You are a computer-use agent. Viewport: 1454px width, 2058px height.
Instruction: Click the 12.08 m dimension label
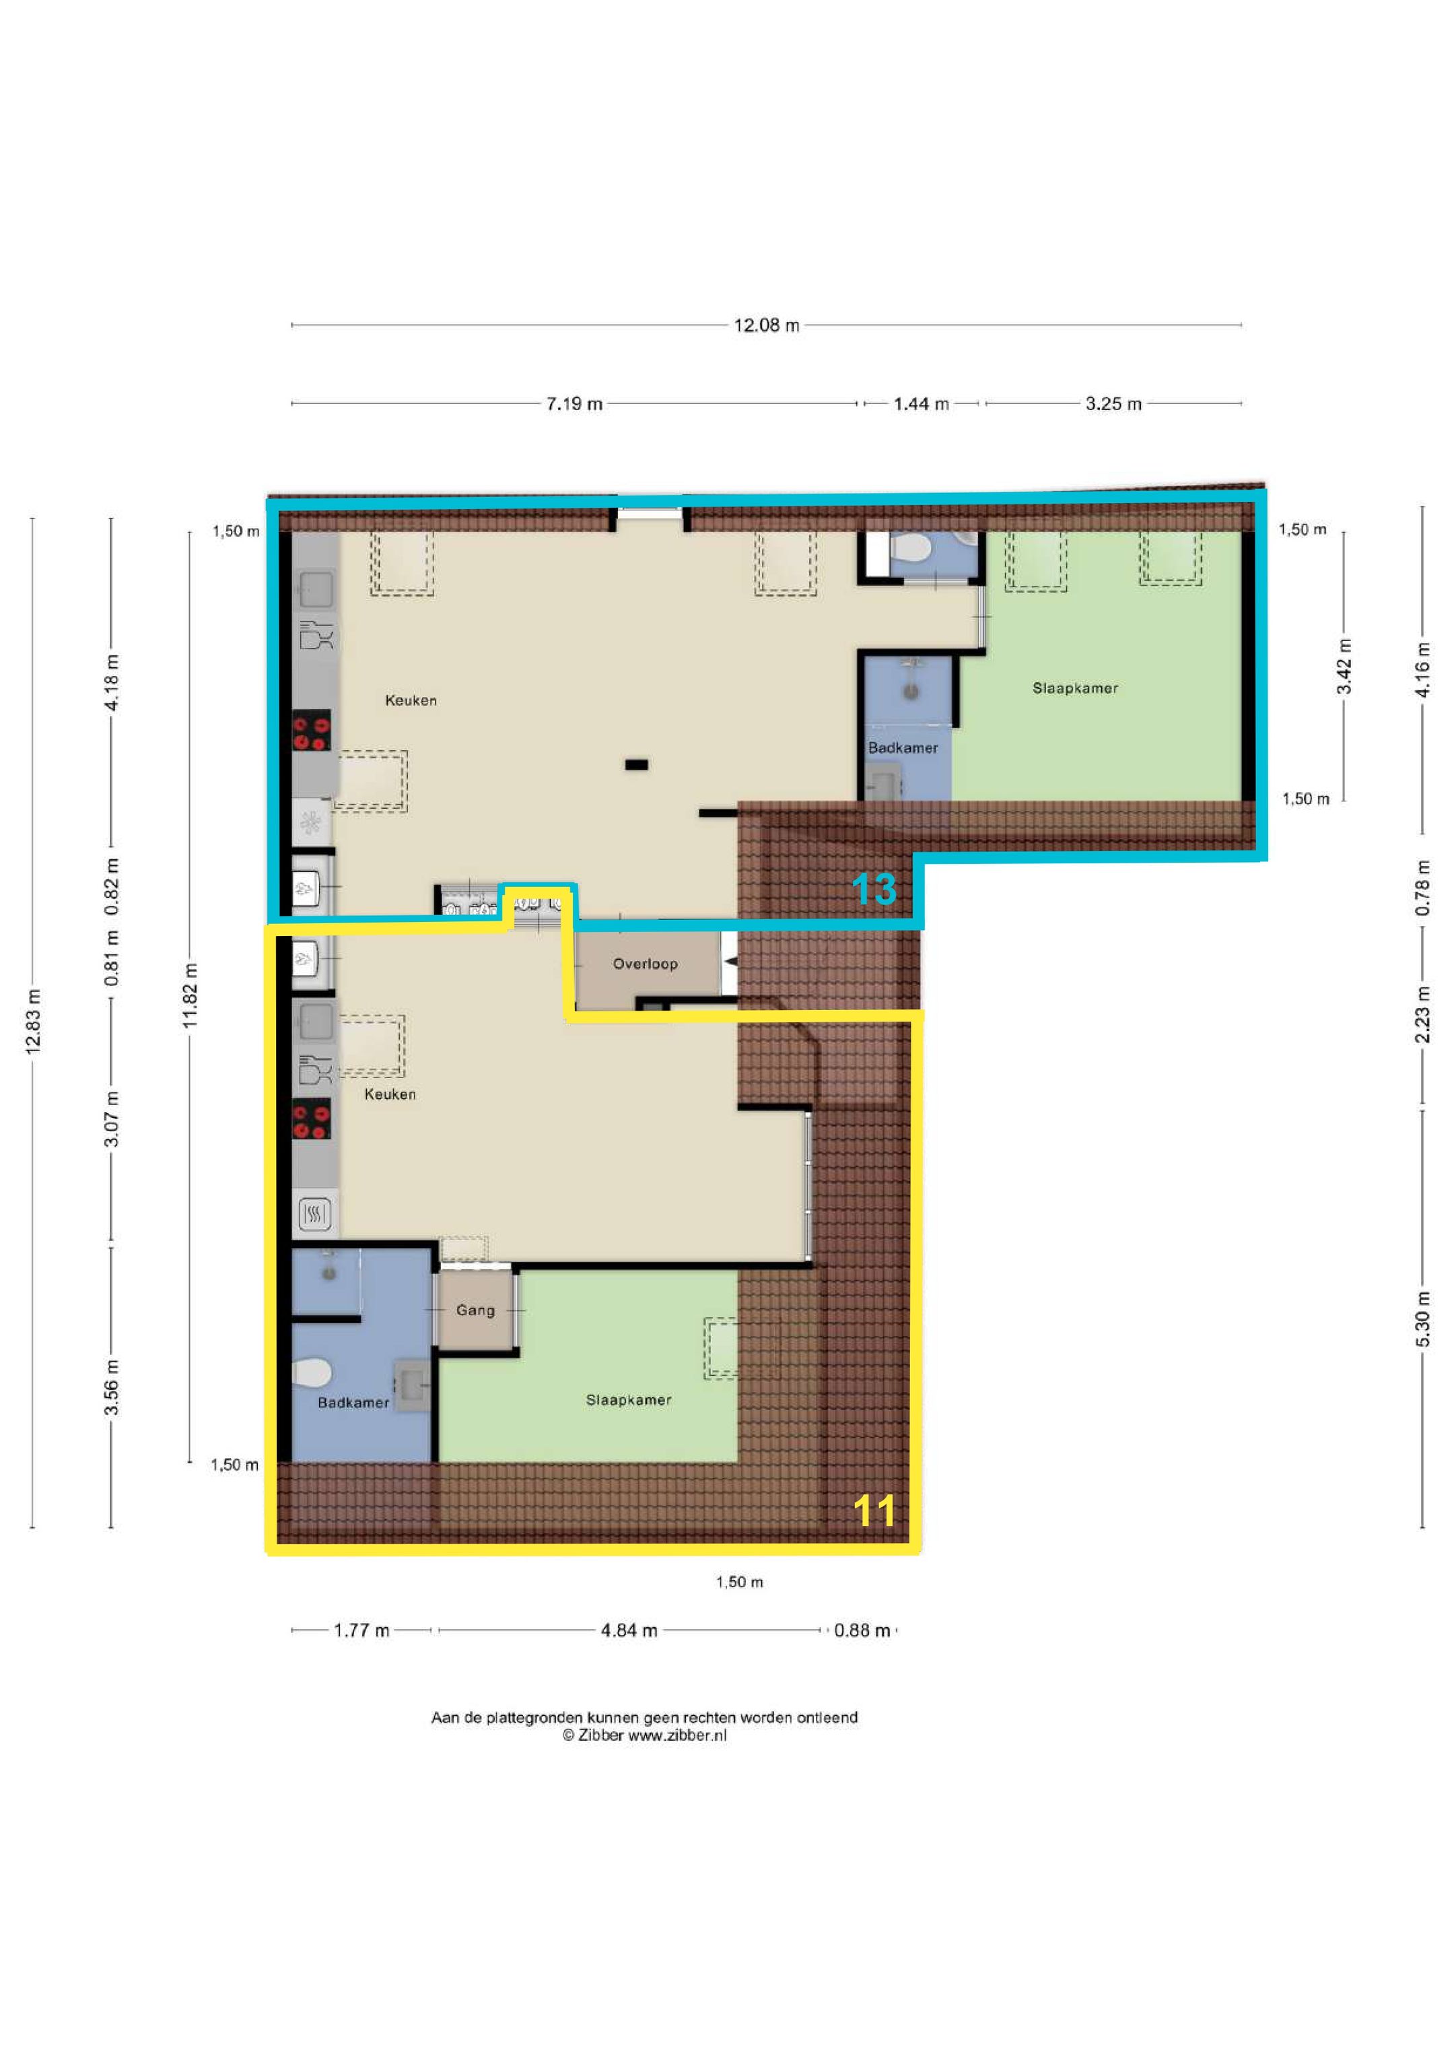(766, 325)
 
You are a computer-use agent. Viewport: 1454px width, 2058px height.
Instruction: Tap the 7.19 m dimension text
(574, 404)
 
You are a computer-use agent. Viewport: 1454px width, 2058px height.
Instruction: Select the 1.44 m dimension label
(921, 404)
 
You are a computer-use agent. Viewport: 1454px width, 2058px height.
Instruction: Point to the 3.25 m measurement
(1113, 404)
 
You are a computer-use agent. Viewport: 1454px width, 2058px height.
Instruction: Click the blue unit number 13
(874, 889)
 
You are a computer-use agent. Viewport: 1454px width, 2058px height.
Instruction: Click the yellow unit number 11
(874, 1511)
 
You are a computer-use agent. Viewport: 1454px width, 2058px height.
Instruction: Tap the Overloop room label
(645, 964)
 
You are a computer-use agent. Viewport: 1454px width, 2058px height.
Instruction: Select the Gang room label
(475, 1310)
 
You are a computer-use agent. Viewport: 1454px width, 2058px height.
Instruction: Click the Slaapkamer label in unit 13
(1075, 688)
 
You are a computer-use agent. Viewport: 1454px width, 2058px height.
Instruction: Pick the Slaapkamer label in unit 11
(629, 1400)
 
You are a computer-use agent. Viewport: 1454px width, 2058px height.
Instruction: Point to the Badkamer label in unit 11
(354, 1403)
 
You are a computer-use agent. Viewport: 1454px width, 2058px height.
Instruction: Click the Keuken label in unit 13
(411, 701)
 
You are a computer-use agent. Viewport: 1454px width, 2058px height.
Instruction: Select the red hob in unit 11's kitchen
(312, 1119)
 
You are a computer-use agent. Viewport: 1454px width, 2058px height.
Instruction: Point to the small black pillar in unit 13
(636, 764)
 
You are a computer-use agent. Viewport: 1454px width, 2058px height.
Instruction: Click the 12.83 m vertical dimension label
(33, 1022)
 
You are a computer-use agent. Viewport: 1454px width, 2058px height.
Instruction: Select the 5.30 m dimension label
(1422, 1319)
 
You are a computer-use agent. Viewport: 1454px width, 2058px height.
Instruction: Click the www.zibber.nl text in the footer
(677, 1735)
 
